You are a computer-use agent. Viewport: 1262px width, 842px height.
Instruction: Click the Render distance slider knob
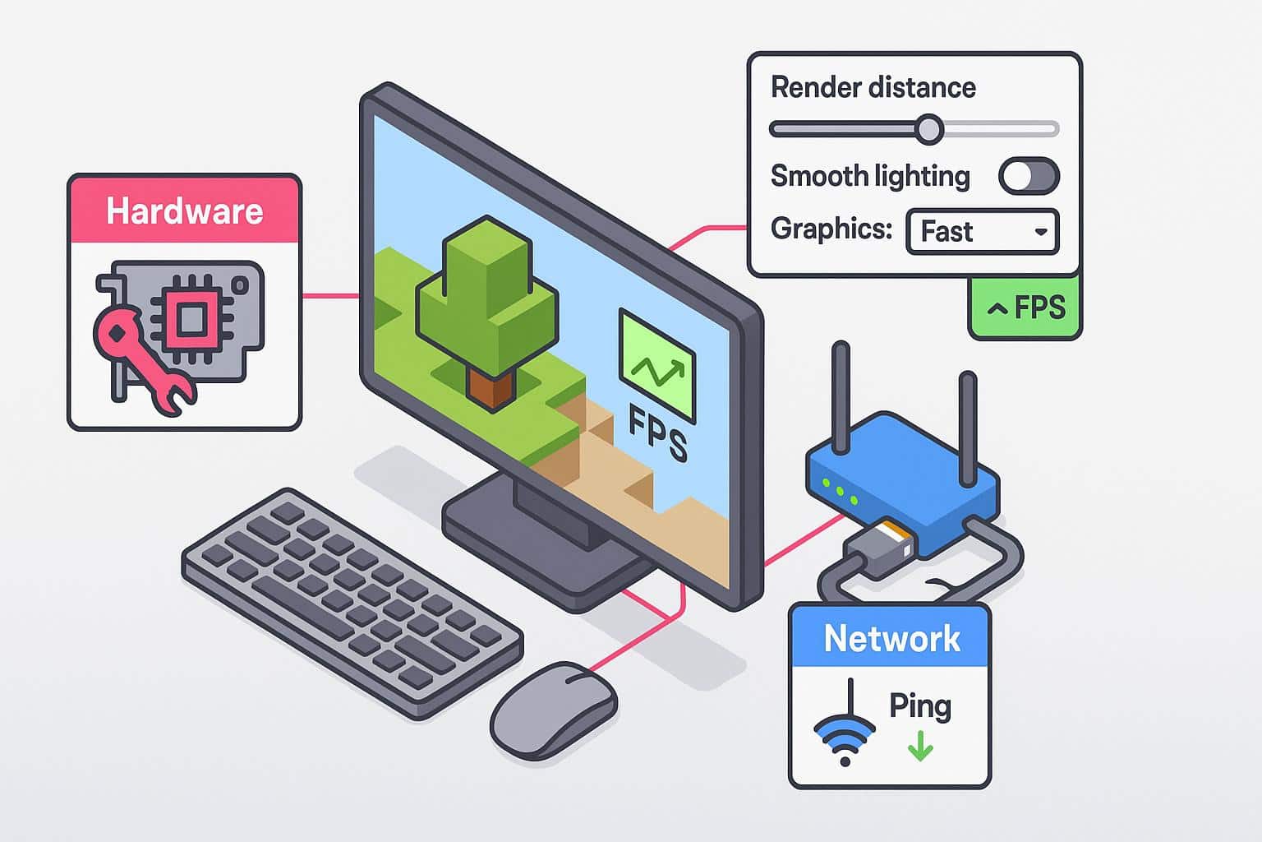(x=929, y=129)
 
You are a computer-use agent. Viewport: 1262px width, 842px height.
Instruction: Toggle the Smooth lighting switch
(x=1029, y=176)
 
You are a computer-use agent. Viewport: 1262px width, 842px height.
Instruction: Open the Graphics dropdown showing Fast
(x=983, y=231)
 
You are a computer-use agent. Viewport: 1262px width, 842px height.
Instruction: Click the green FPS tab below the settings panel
(x=1025, y=309)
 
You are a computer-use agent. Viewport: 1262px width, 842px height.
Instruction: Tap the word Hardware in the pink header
(x=184, y=211)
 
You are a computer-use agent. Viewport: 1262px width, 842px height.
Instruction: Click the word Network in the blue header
(x=891, y=639)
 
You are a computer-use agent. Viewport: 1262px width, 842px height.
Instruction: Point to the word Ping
(x=919, y=706)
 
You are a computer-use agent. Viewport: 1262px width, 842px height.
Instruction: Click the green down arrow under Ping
(x=920, y=747)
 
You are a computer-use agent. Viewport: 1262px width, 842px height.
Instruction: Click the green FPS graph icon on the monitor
(x=657, y=366)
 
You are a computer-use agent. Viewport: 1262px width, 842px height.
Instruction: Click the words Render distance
(x=873, y=88)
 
